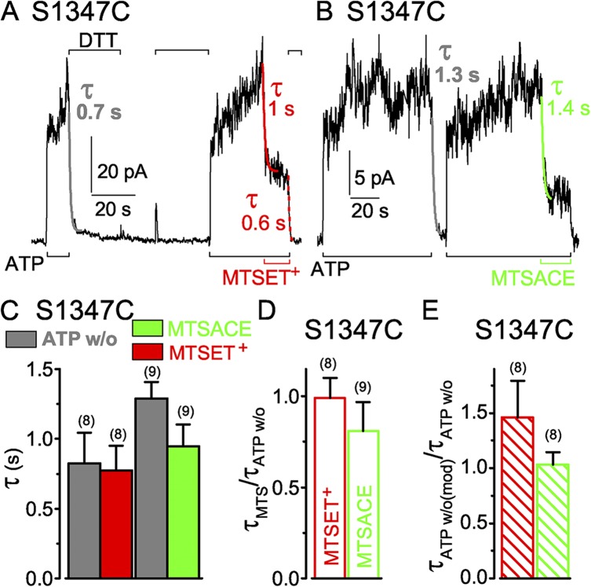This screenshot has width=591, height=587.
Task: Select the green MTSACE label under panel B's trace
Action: click(x=533, y=277)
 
